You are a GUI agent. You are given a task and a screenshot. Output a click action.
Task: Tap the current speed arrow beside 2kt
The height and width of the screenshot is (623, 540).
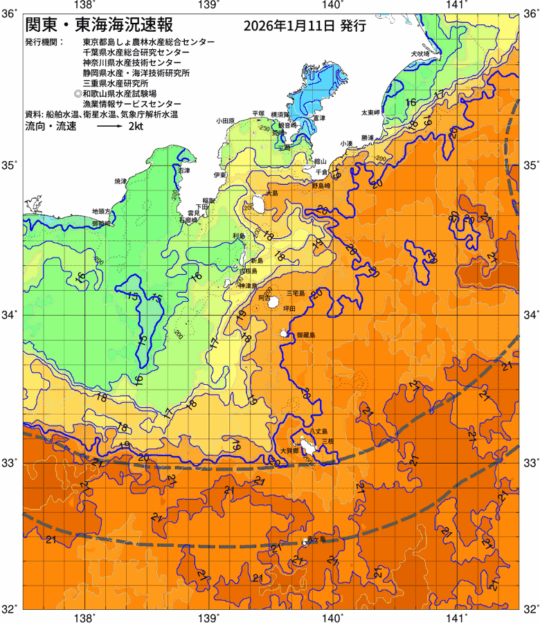point(110,127)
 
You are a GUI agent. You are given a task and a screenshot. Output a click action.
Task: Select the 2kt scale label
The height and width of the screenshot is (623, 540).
point(136,127)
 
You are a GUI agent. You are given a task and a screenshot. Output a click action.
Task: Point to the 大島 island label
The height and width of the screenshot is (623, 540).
point(271,194)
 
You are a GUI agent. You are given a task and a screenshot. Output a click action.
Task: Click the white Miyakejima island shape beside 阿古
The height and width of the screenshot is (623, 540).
point(274,303)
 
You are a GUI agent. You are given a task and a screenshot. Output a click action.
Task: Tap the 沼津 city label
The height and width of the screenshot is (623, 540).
point(183,170)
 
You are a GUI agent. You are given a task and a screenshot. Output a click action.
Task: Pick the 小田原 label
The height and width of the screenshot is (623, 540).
point(226,120)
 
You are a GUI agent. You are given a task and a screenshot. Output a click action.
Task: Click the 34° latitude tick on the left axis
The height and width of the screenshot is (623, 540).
point(10,315)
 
